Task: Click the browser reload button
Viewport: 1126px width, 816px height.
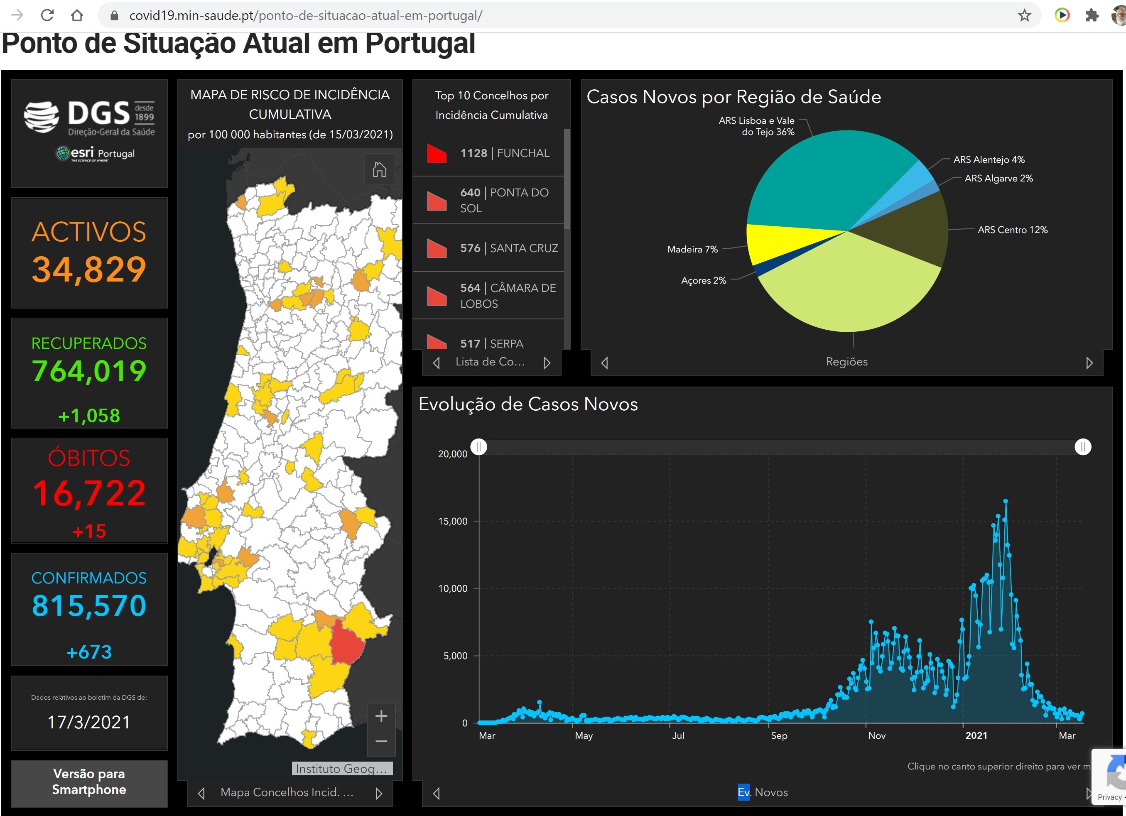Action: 47,15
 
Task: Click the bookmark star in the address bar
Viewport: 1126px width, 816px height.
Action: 1024,15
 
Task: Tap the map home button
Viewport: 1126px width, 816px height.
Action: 379,170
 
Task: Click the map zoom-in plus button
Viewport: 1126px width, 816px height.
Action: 381,716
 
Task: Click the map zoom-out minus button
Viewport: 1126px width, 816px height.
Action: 381,742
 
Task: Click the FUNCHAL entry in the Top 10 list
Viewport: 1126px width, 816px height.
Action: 504,153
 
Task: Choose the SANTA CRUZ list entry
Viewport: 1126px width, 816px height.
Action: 508,248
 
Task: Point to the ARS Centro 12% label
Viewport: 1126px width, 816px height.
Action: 1012,230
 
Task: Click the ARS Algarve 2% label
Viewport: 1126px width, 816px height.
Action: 998,178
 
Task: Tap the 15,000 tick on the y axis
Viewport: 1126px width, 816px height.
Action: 452,521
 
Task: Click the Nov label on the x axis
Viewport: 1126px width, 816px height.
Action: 877,735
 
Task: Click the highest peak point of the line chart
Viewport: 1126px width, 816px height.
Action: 1006,501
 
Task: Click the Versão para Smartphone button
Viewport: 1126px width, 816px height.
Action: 89,782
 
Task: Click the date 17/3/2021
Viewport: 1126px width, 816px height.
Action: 89,722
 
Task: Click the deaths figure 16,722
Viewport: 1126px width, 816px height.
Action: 89,493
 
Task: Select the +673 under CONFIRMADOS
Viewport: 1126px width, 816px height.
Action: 89,652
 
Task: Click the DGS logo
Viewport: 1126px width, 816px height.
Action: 89,116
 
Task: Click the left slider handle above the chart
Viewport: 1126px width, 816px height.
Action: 478,447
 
